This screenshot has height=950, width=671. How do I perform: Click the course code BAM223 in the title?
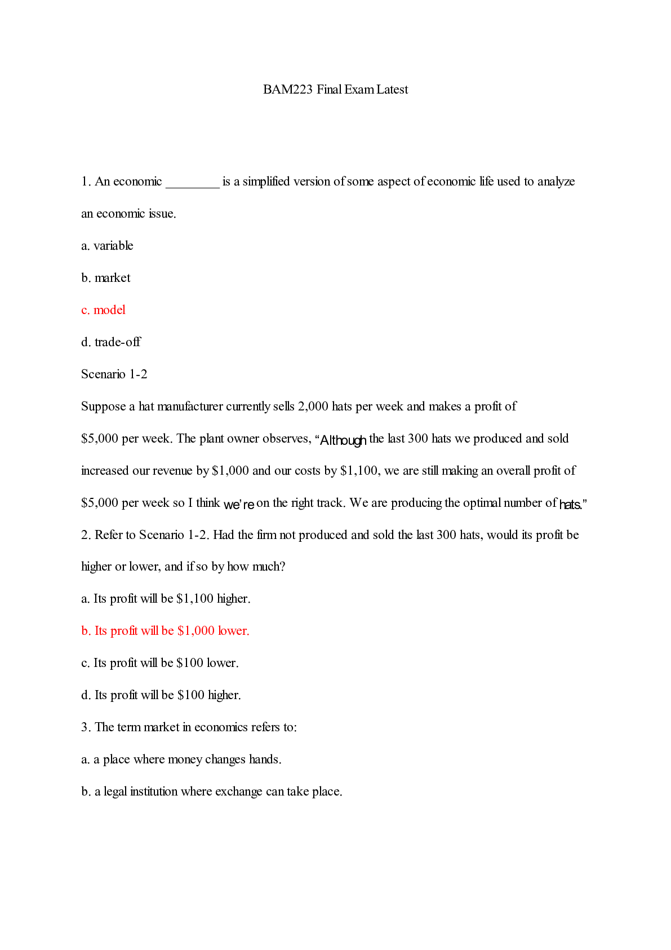pos(287,90)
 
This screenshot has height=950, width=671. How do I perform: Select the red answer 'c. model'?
pos(103,310)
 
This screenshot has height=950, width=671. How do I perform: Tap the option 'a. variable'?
pos(107,246)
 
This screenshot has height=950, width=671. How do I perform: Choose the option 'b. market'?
pos(106,278)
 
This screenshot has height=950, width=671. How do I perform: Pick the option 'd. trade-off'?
pos(111,342)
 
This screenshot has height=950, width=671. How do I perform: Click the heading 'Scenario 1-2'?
pos(114,374)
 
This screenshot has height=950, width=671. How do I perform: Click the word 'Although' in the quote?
pos(343,440)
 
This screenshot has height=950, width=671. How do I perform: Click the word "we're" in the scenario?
pos(239,505)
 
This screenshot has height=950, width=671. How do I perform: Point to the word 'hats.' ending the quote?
pos(570,505)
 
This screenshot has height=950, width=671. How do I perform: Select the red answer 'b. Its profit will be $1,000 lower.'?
pos(165,631)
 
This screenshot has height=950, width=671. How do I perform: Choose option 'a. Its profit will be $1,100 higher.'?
pos(166,599)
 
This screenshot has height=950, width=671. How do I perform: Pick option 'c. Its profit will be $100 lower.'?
pos(160,663)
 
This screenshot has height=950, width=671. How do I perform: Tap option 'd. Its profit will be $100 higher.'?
pos(161,695)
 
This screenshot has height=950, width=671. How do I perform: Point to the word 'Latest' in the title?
pos(392,90)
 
